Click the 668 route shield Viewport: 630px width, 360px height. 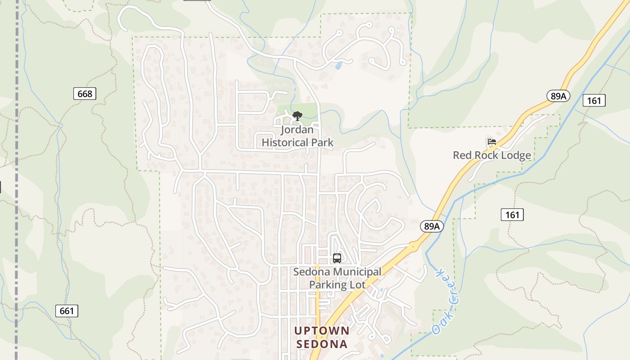pos(85,94)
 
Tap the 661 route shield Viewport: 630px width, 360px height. pos(67,311)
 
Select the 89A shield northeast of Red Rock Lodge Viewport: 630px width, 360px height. pos(558,96)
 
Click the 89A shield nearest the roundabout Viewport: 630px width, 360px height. pos(432,226)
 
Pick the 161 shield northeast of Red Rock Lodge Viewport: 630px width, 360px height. pos(594,100)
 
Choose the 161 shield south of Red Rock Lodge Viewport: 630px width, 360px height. pos(512,215)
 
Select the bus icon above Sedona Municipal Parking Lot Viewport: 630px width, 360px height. pos(337,258)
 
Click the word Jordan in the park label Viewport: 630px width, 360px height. pos(297,130)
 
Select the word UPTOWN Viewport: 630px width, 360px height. pos(321,331)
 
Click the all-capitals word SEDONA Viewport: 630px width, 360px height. pos(321,344)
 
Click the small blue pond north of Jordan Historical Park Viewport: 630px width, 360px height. pos(338,66)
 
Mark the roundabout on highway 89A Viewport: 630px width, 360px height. pos(412,246)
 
